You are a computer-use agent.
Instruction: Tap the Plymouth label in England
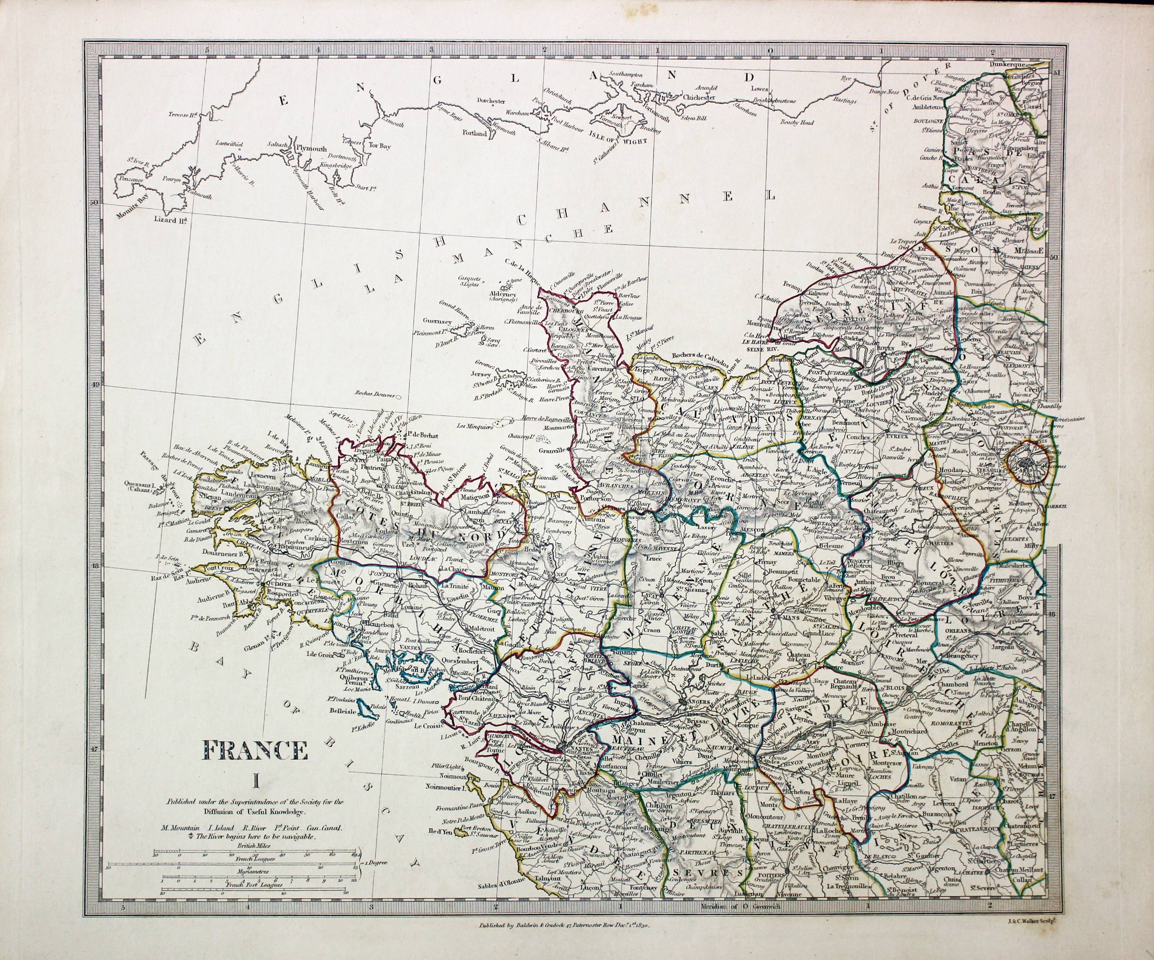(311, 148)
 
